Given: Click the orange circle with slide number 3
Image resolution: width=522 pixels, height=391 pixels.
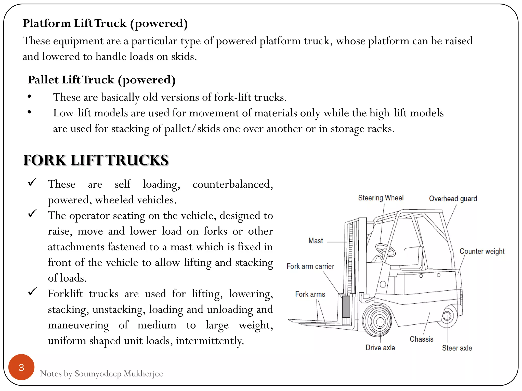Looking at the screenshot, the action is pyautogui.click(x=21, y=367).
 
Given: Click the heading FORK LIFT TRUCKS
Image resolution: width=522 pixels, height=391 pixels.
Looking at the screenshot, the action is pyautogui.click(x=96, y=160).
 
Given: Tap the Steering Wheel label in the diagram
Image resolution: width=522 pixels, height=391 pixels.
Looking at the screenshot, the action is pyautogui.click(x=381, y=198).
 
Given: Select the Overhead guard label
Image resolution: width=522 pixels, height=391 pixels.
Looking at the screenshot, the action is pyautogui.click(x=453, y=199).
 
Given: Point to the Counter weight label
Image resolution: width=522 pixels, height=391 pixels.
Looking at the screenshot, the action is pyautogui.click(x=482, y=251).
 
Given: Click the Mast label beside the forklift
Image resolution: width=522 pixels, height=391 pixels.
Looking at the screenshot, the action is pyautogui.click(x=316, y=241).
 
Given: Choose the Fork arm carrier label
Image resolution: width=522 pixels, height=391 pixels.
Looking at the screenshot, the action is pyautogui.click(x=310, y=266).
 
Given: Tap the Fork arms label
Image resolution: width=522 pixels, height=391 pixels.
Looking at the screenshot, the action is pyautogui.click(x=310, y=294).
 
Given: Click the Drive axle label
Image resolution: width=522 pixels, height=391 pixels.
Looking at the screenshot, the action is pyautogui.click(x=380, y=347).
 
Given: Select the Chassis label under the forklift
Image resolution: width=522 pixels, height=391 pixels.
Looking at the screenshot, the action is pyautogui.click(x=421, y=339).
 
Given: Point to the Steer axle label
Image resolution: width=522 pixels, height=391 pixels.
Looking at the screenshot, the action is pyautogui.click(x=457, y=348).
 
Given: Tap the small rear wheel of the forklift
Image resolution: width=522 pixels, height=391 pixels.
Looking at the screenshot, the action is pyautogui.click(x=447, y=316).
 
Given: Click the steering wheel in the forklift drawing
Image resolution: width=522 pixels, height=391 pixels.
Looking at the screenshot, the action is pyautogui.click(x=385, y=250).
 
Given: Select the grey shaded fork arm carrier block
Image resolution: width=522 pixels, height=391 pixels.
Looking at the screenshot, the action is pyautogui.click(x=346, y=306).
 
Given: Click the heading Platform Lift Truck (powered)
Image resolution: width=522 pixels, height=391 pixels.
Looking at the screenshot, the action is pyautogui.click(x=105, y=23).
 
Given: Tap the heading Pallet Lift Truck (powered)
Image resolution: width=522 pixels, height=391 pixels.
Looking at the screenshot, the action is pyautogui.click(x=102, y=80).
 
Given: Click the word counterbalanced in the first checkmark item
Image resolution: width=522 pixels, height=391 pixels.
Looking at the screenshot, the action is pyautogui.click(x=232, y=184).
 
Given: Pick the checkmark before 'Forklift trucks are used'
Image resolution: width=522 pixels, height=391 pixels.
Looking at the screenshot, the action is pyautogui.click(x=33, y=292).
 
